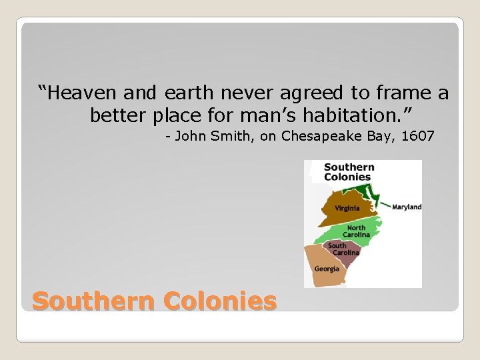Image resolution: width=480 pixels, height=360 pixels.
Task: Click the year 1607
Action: pos(418,137)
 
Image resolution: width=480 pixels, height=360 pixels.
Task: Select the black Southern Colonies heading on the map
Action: pos(348,172)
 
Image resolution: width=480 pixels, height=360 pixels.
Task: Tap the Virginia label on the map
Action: pos(347,207)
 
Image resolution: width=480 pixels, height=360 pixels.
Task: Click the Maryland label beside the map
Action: pos(407,207)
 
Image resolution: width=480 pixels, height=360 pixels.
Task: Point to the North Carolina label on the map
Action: pos(356,231)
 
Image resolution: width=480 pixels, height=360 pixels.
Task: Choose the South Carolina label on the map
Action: pos(343,249)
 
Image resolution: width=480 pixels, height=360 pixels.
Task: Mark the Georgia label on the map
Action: pos(327,269)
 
